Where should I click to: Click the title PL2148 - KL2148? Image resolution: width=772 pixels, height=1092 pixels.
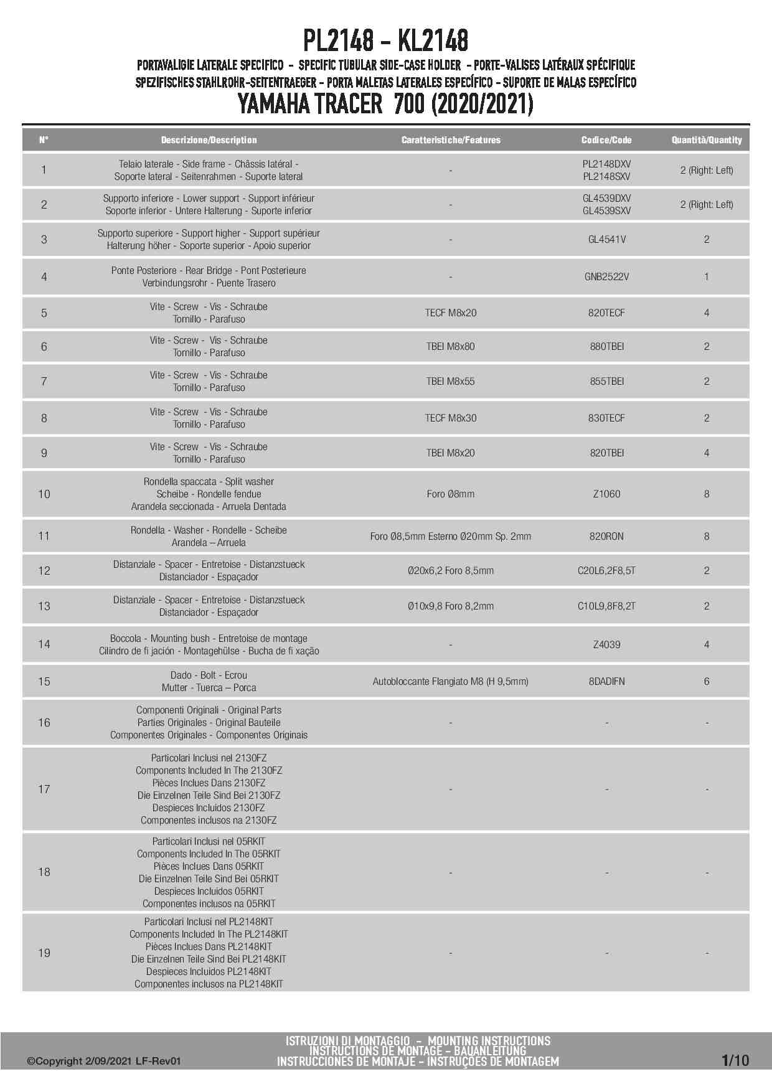click(x=385, y=41)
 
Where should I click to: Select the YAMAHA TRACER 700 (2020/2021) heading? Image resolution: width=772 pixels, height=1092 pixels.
click(x=385, y=104)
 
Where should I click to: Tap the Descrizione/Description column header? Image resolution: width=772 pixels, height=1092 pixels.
click(x=209, y=140)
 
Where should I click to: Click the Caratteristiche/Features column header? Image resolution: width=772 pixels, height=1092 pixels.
click(x=450, y=140)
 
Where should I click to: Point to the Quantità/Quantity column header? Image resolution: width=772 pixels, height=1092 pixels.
click(x=706, y=140)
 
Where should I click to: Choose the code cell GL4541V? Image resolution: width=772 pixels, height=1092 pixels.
click(x=606, y=239)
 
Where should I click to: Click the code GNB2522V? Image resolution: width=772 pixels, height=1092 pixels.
click(x=606, y=276)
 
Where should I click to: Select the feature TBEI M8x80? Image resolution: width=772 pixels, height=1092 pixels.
click(x=450, y=346)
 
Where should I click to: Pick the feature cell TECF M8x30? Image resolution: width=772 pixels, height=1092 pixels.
click(x=450, y=418)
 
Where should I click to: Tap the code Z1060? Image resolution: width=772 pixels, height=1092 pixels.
click(x=606, y=494)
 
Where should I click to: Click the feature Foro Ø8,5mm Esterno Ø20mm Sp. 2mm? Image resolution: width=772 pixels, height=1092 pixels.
click(x=450, y=536)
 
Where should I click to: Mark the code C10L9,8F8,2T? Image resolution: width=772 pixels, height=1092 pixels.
click(x=606, y=606)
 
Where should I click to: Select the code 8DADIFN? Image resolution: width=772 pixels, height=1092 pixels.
click(x=606, y=681)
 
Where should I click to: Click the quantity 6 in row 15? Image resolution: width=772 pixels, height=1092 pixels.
click(x=706, y=681)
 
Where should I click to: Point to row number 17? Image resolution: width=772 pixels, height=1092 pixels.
click(x=44, y=789)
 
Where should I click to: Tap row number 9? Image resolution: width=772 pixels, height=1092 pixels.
click(x=44, y=453)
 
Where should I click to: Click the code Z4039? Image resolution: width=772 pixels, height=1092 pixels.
click(x=606, y=644)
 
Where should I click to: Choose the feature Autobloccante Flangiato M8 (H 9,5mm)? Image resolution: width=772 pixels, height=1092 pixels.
click(x=450, y=681)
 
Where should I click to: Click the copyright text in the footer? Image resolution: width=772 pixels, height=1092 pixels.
click(x=103, y=1061)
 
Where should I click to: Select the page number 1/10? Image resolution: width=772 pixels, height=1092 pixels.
click(x=735, y=1060)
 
